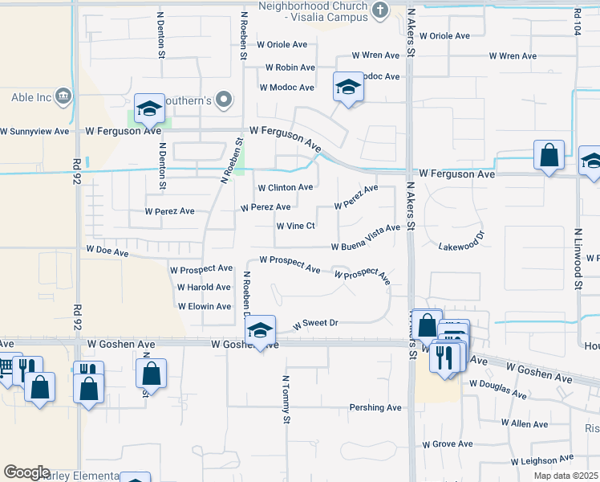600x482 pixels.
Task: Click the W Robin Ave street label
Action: pos(290,67)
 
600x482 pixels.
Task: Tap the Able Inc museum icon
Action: pos(64,98)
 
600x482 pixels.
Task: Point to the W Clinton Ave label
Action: pos(285,187)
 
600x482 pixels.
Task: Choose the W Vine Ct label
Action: pos(295,227)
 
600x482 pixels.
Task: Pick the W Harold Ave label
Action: pos(204,287)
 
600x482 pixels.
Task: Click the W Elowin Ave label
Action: pos(205,306)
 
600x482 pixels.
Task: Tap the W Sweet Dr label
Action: pos(316,324)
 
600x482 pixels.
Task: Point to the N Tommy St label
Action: pos(285,398)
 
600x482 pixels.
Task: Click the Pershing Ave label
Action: pos(375,407)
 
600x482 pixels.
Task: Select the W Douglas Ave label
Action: pos(497,390)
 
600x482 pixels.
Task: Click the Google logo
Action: pos(26,472)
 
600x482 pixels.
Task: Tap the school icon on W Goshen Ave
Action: pos(260,329)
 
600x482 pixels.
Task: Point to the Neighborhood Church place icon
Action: pos(381,10)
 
